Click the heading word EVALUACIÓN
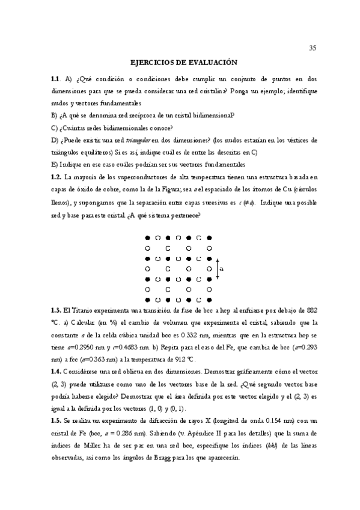207,62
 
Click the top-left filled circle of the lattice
148,237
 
